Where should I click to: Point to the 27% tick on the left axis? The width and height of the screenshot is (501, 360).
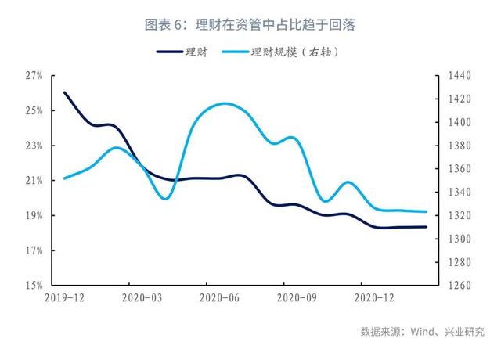click(x=34, y=76)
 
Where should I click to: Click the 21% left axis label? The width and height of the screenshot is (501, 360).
click(x=34, y=181)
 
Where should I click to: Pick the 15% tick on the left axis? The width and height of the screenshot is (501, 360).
click(x=34, y=286)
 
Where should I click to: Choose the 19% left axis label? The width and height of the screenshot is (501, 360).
click(x=34, y=216)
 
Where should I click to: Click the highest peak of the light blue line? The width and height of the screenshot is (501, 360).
click(x=225, y=103)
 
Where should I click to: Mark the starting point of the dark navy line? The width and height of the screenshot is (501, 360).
click(x=64, y=92)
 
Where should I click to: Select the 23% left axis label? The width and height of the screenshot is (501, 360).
click(x=34, y=146)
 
